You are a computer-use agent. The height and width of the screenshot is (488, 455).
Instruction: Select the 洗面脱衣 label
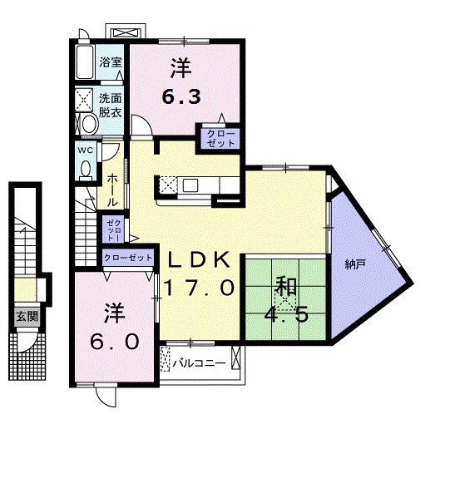[x=111, y=104]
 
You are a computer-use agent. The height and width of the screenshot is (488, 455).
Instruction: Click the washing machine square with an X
[x=86, y=100]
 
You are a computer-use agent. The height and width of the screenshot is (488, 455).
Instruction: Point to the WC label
[x=85, y=150]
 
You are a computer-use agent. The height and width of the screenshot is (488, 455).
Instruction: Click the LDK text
[x=199, y=260]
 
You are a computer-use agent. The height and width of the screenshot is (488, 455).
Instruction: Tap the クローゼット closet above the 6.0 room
[x=128, y=259]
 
